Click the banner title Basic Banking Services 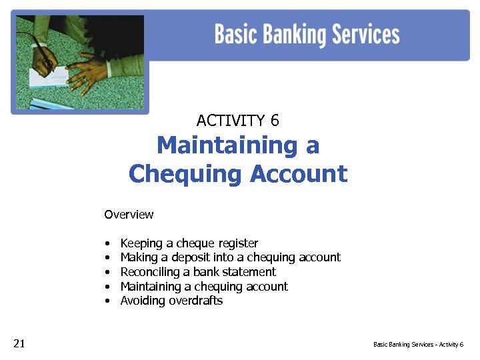pos(307,34)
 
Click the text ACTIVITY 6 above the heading pos(238,121)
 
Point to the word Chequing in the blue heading pos(186,173)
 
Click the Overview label pos(129,215)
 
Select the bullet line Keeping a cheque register pos(189,243)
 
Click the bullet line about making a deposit pos(230,257)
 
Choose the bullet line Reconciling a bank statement pos(198,272)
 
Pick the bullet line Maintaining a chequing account pos(204,287)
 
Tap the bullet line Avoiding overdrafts pos(171,301)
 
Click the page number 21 pos(19,343)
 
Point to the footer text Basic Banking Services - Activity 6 pos(418,345)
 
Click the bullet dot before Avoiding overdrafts pos(107,301)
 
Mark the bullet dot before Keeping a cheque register pos(107,244)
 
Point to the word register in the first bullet pos(235,243)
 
